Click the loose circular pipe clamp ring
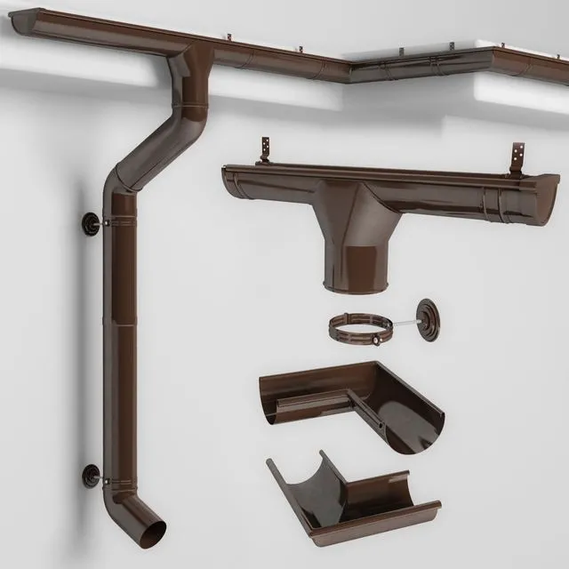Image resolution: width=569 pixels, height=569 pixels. click(x=360, y=330)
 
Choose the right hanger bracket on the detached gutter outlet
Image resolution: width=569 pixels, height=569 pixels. click(x=517, y=160)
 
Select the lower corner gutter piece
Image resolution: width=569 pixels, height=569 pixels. click(x=351, y=498)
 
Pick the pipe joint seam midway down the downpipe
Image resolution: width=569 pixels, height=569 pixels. click(x=119, y=325)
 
